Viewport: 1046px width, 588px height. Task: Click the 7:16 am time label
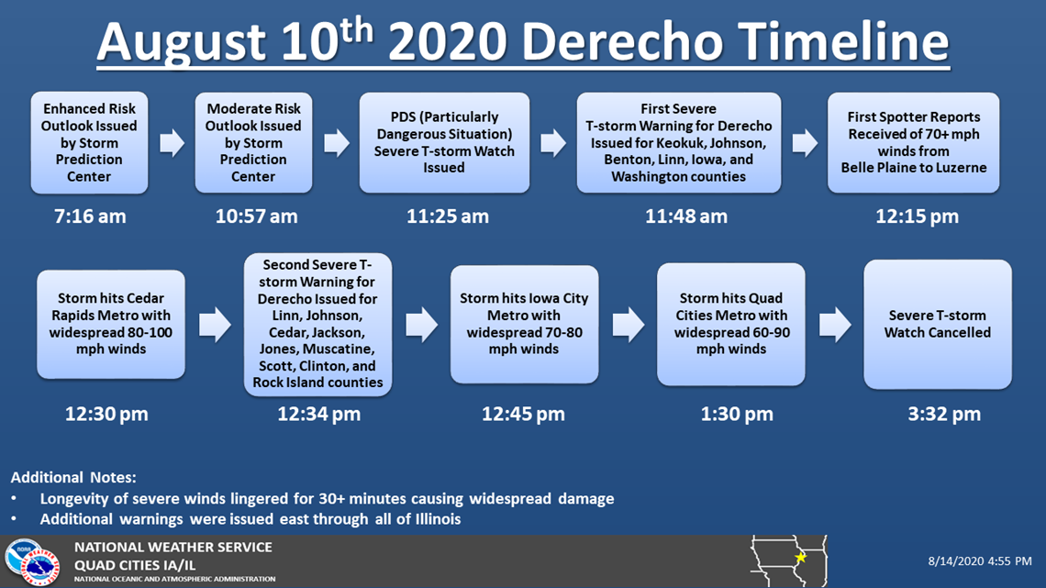pyautogui.click(x=90, y=216)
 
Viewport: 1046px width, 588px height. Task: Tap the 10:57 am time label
pyautogui.click(x=256, y=216)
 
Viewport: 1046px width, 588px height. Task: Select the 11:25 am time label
pyautogui.click(x=448, y=216)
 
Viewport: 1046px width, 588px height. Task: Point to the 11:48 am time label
pyautogui.click(x=685, y=216)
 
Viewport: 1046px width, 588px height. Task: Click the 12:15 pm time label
pyautogui.click(x=918, y=216)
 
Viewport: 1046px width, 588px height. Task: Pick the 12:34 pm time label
pyautogui.click(x=319, y=414)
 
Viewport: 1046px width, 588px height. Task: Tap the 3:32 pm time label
pyautogui.click(x=944, y=414)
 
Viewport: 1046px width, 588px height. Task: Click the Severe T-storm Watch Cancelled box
pyautogui.click(x=937, y=324)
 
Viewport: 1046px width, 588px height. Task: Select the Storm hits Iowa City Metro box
pyautogui.click(x=524, y=324)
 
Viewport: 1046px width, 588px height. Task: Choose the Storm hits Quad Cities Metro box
pyautogui.click(x=731, y=324)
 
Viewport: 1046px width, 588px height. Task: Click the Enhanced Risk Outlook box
pyautogui.click(x=89, y=143)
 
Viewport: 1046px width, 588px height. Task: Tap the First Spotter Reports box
pyautogui.click(x=914, y=143)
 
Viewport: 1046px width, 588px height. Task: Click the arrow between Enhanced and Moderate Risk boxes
pyautogui.click(x=172, y=143)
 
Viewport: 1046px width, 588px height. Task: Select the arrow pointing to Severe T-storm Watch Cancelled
pyautogui.click(x=835, y=325)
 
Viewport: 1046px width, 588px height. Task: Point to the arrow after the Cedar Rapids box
pyautogui.click(x=215, y=325)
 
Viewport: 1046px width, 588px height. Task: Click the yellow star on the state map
pyautogui.click(x=800, y=557)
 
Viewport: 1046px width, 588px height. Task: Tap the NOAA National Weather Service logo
pyautogui.click(x=33, y=562)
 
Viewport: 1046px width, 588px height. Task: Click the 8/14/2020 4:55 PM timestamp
pyautogui.click(x=980, y=561)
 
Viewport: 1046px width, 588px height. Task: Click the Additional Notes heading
pyautogui.click(x=73, y=477)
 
